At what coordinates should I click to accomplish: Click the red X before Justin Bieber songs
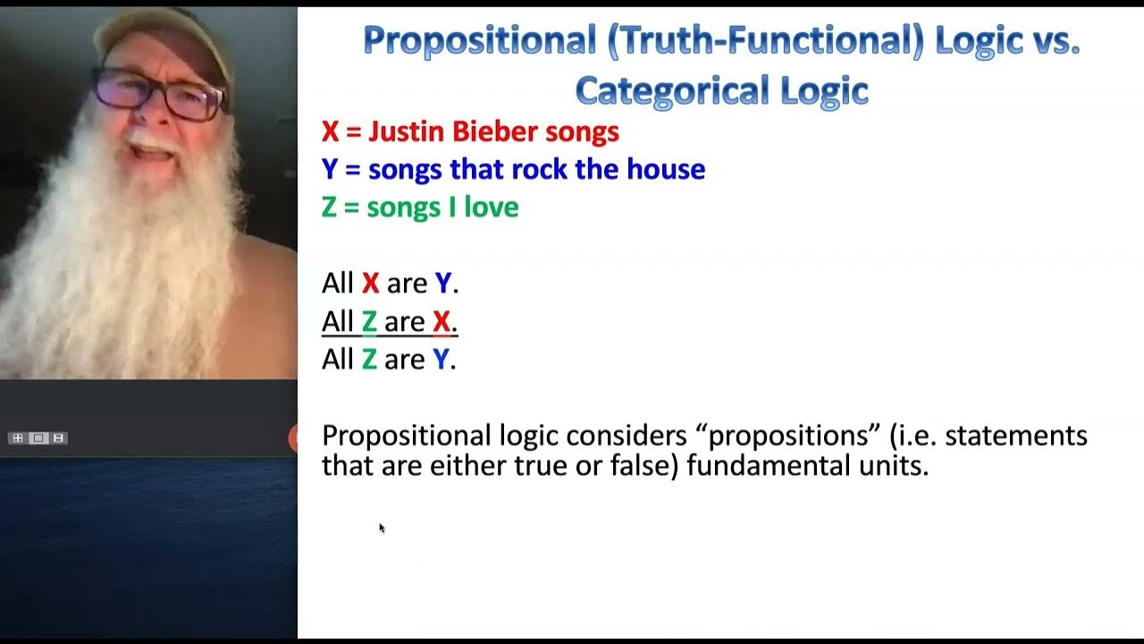point(330,132)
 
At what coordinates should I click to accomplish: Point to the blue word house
point(666,169)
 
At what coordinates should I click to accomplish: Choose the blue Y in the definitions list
point(330,169)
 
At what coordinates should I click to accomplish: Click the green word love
point(491,208)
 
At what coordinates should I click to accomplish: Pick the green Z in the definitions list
point(330,208)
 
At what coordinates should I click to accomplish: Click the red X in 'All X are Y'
point(370,284)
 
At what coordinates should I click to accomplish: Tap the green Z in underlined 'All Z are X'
point(369,321)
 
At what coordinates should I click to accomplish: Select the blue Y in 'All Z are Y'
point(442,359)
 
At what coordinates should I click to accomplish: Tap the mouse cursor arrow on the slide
point(382,528)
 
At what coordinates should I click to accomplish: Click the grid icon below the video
point(17,438)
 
